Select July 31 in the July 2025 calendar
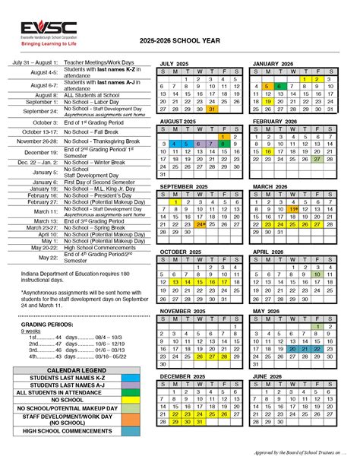coord(212,109)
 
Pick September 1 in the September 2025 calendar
coord(176,201)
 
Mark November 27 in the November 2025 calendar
coord(212,356)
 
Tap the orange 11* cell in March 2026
coord(293,209)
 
